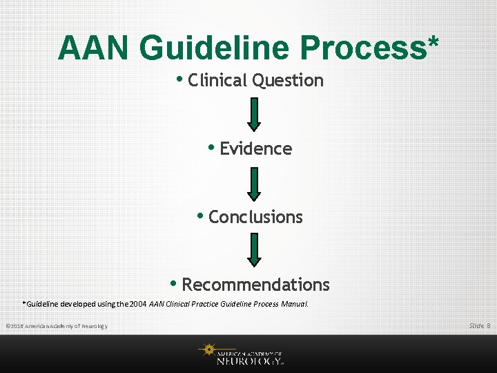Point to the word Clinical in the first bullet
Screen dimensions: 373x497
point(217,81)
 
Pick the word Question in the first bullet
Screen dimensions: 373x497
point(288,81)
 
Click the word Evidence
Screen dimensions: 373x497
point(255,149)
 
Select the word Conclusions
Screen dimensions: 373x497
point(255,217)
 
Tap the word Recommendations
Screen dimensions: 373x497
point(255,285)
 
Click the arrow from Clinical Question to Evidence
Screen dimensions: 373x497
point(255,114)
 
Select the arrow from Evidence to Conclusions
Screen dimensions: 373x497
point(255,182)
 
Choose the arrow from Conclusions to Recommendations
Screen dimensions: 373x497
point(255,250)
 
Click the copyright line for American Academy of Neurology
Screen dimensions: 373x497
point(56,326)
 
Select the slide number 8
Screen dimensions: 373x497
point(489,325)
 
